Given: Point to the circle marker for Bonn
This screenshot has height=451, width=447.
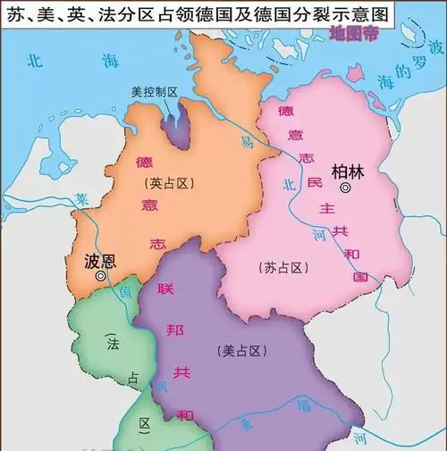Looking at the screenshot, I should (x=101, y=279).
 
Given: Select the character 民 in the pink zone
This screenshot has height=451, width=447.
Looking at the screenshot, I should (x=314, y=182).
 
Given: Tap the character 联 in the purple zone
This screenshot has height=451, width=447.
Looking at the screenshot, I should (x=164, y=289).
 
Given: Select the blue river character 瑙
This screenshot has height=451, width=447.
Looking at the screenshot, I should (x=330, y=407).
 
